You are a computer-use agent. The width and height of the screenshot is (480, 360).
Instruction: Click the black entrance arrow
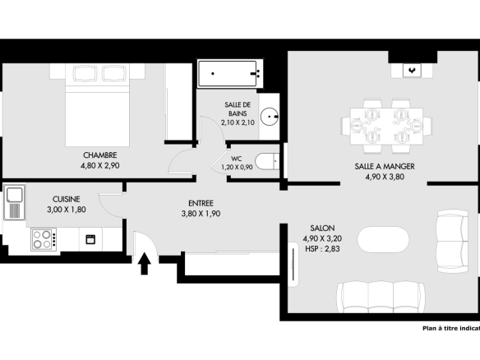pos(145,264)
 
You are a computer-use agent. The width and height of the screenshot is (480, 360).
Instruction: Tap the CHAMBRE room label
pos(100,155)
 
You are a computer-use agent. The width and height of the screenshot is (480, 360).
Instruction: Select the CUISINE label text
pos(66,199)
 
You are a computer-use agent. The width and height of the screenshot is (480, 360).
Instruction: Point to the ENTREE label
pos(201,203)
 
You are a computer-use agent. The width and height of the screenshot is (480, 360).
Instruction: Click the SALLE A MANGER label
pos(385,167)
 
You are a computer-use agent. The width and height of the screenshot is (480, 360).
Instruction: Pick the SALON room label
pos(322,228)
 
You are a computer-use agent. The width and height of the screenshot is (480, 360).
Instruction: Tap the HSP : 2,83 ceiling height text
pos(322,249)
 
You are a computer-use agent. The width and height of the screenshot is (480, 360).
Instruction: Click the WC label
pos(237,159)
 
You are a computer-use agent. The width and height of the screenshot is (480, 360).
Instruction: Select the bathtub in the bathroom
pos(228,73)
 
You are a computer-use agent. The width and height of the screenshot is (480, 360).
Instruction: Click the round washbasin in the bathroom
pos(270,117)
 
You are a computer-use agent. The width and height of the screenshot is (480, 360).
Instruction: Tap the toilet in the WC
pos(267,162)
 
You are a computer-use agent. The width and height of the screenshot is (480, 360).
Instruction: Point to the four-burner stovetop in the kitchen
pos(44,239)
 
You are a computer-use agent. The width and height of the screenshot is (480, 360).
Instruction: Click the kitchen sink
pos(14,202)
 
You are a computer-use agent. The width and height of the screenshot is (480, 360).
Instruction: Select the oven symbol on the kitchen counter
pos(90,239)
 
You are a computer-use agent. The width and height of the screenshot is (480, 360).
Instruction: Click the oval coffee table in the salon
pos(383,239)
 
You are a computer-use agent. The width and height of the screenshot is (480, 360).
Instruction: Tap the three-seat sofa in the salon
pos(381,297)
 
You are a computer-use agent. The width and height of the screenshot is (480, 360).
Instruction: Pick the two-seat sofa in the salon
pos(452,241)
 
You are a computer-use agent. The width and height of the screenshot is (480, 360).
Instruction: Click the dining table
pos(386,126)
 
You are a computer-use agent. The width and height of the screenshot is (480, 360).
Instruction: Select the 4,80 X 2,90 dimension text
pos(100,165)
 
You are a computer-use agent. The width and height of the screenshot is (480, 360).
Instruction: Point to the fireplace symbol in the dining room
pos(412,71)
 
